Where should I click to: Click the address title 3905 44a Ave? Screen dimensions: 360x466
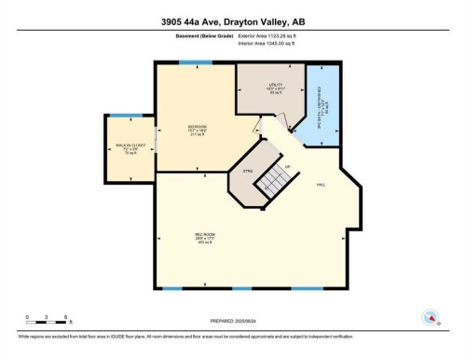tap(233, 19)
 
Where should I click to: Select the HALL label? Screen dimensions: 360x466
tap(320, 185)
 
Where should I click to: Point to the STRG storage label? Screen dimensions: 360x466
tap(248, 171)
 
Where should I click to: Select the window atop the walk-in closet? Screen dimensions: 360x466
tap(130, 116)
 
